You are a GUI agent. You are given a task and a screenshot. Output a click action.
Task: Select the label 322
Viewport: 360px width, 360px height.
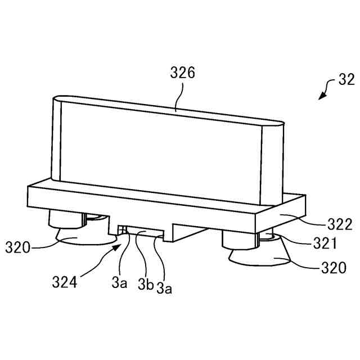[325, 225]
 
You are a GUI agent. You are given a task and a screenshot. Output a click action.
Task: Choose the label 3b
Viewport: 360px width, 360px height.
[145, 285]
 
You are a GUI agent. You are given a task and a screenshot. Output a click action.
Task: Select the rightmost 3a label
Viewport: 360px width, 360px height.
[164, 289]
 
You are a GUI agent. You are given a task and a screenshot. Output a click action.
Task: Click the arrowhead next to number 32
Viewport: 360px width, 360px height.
[321, 97]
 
